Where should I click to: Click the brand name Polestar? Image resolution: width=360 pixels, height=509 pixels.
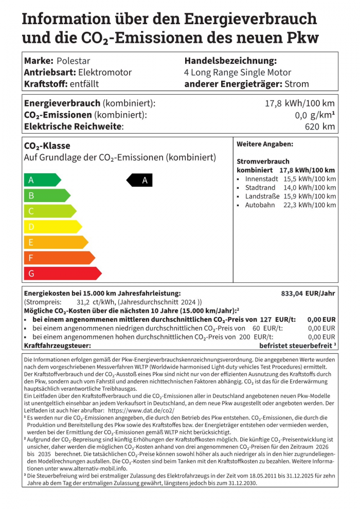(x=74, y=61)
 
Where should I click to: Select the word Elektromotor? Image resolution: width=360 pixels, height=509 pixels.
(x=105, y=72)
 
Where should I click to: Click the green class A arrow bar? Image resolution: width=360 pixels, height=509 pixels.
(x=42, y=180)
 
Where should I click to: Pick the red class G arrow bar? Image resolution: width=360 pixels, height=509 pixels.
(x=62, y=274)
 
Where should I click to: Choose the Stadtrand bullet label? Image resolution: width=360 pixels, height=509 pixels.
(x=260, y=187)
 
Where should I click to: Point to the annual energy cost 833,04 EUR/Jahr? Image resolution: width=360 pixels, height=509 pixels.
(x=308, y=293)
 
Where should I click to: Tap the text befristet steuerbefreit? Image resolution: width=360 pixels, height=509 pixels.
(x=295, y=346)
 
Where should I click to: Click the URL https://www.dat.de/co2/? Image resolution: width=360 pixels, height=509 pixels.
(x=141, y=411)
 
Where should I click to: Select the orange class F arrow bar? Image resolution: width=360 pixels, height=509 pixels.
(x=59, y=258)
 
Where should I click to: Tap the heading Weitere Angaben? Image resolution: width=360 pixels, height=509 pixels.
(x=265, y=144)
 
